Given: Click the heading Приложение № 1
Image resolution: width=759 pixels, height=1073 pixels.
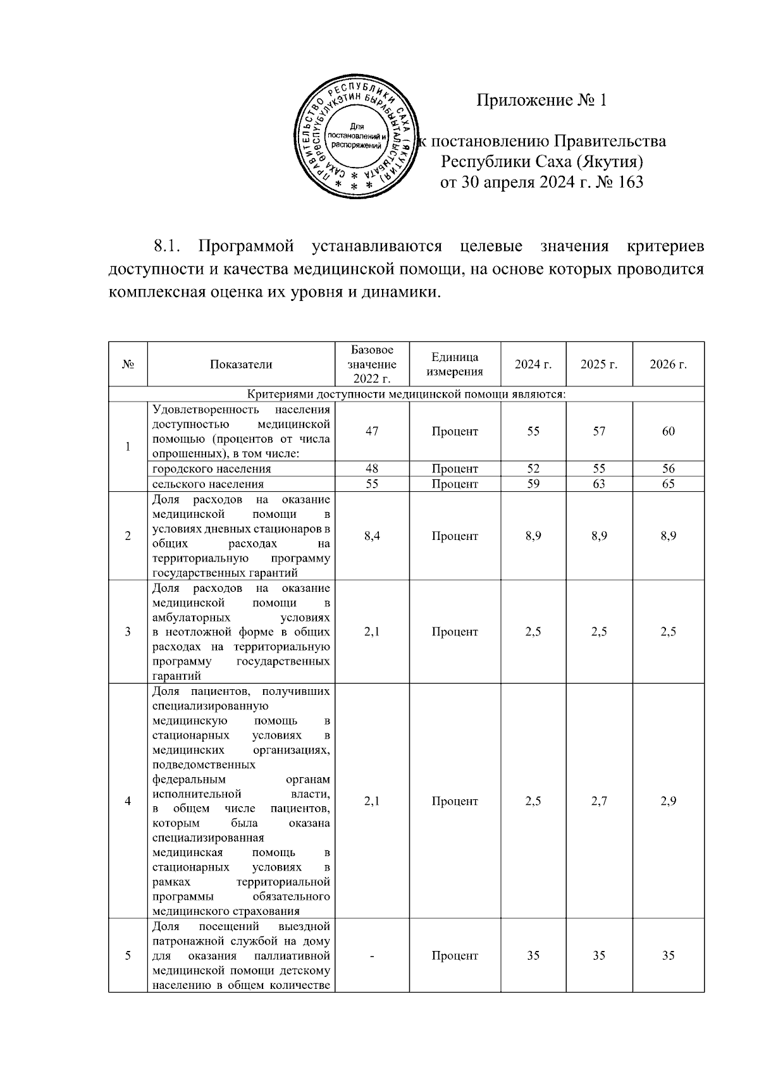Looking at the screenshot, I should (x=541, y=100).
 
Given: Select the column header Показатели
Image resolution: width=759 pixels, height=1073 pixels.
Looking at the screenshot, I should (x=241, y=365).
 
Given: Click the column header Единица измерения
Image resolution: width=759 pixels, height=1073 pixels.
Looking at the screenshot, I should (x=455, y=365).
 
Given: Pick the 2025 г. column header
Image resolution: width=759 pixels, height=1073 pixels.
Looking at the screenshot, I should (x=598, y=365).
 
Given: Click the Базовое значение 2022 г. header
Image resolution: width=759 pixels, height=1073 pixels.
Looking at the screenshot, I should (x=372, y=365).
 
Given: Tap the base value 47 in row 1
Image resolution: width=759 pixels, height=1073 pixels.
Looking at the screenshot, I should (x=372, y=432).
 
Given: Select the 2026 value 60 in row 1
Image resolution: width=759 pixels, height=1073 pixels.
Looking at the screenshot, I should (x=668, y=432).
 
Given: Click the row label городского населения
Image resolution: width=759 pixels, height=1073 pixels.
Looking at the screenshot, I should (x=212, y=469).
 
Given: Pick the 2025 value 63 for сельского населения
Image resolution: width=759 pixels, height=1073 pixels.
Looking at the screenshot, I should (x=598, y=484).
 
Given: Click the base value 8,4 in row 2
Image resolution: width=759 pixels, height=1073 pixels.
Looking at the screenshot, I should (x=372, y=536).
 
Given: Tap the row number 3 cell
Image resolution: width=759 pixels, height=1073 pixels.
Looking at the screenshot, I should (x=128, y=632).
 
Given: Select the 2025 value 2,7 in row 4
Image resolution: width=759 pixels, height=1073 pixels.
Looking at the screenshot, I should (x=598, y=801).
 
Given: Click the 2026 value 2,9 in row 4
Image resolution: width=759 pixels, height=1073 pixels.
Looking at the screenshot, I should (x=668, y=801).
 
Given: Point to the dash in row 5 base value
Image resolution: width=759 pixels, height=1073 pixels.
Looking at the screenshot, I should (x=372, y=956).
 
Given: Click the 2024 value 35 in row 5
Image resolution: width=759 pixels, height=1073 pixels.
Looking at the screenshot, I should (x=533, y=956).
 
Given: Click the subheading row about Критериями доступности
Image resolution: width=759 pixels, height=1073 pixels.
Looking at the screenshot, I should (x=406, y=395).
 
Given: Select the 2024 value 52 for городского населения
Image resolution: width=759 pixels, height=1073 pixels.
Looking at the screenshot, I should (x=533, y=469).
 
